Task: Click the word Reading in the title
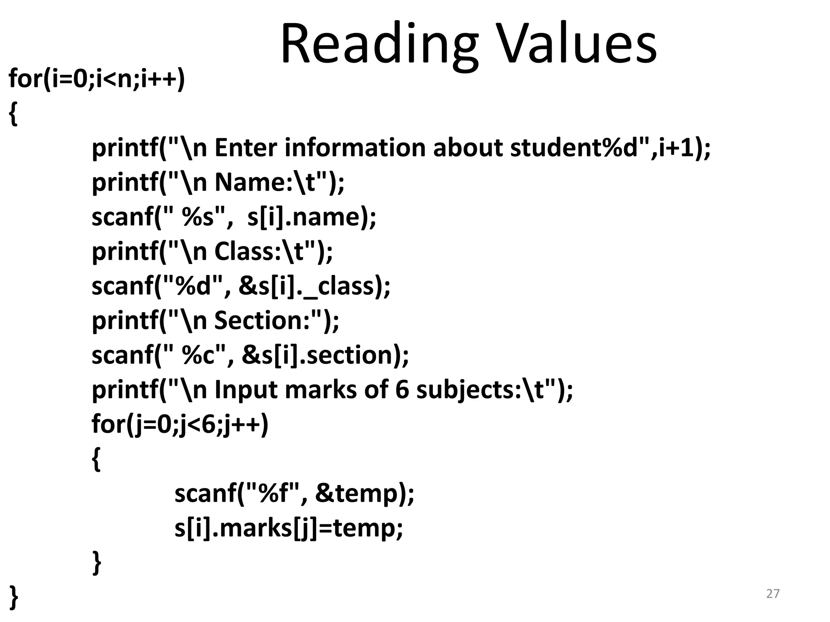pyautogui.click(x=379, y=45)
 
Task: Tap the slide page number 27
pyautogui.click(x=773, y=594)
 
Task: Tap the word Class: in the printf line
pyautogui.click(x=247, y=251)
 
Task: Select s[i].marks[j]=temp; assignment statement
pyautogui.click(x=289, y=528)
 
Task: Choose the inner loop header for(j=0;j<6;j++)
pyautogui.click(x=180, y=424)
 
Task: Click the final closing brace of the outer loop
pyautogui.click(x=13, y=596)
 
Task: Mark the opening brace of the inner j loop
pyautogui.click(x=96, y=459)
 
